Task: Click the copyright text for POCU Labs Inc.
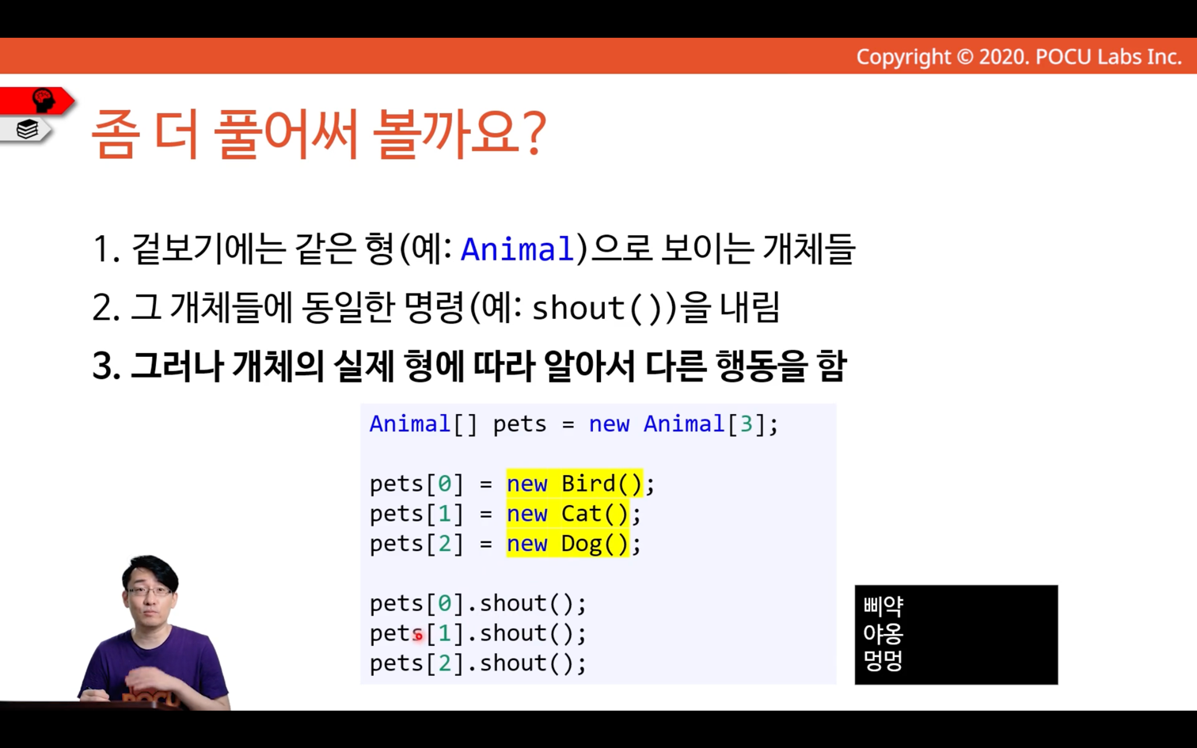(1019, 57)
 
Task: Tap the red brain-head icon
(43, 100)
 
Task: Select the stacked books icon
(27, 129)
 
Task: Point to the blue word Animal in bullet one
(517, 249)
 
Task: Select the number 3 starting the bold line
(102, 366)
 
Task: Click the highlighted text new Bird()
(575, 484)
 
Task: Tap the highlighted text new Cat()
(568, 514)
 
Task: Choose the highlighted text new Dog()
(568, 543)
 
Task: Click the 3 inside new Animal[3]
(746, 423)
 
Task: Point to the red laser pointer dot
(418, 636)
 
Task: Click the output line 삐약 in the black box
(883, 606)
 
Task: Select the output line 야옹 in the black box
(883, 634)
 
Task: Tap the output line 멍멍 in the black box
(883, 661)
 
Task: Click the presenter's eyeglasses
(149, 591)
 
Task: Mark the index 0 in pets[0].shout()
(445, 603)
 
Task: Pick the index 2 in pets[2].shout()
(445, 663)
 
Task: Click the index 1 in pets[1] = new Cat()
(445, 514)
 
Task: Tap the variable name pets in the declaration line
(519, 425)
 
